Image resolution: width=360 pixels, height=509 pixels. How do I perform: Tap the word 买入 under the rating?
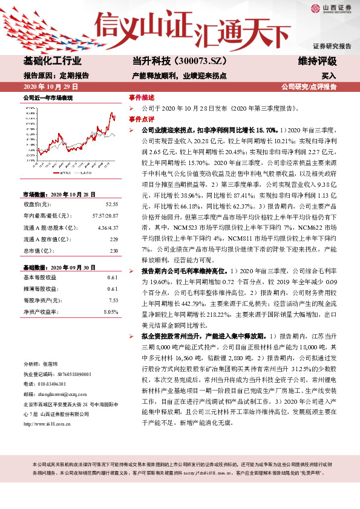coord(329,77)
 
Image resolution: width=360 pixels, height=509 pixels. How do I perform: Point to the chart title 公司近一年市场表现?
coord(48,97)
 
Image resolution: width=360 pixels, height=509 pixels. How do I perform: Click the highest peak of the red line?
coord(111,113)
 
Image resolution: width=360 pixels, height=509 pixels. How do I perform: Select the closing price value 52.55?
coord(111,204)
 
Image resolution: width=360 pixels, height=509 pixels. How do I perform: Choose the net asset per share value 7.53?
coord(112,299)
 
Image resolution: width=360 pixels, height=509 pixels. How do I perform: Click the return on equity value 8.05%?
coord(110,311)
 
